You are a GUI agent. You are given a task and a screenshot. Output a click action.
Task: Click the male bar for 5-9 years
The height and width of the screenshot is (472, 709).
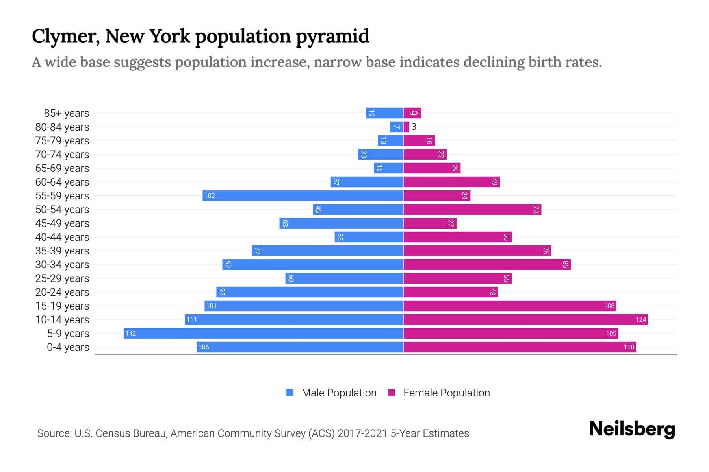click(x=263, y=333)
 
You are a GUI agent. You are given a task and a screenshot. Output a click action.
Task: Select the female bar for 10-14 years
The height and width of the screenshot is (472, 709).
click(x=525, y=319)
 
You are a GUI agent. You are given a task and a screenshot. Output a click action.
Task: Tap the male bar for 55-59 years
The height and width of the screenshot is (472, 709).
click(x=303, y=195)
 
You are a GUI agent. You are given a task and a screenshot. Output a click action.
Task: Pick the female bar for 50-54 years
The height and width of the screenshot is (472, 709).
click(x=472, y=209)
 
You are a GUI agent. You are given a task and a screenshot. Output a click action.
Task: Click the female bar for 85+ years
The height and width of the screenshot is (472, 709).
click(x=412, y=113)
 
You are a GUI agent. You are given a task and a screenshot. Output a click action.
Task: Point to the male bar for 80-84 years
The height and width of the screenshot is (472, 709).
click(x=396, y=127)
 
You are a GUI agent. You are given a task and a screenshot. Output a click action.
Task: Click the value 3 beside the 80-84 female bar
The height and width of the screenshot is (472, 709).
click(x=414, y=127)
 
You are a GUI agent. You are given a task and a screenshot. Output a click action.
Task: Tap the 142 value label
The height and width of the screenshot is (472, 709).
click(x=130, y=334)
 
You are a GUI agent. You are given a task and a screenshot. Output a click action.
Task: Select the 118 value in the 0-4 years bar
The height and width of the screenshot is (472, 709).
click(x=629, y=347)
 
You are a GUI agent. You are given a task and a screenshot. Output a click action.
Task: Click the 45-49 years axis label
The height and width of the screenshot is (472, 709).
click(x=62, y=223)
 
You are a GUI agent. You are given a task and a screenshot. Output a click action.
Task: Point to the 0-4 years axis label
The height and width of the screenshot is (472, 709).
click(x=68, y=347)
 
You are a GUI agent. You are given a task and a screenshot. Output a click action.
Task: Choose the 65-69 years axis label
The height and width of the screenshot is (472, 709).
click(x=62, y=168)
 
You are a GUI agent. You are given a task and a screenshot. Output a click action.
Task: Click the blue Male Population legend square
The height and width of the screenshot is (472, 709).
click(x=290, y=393)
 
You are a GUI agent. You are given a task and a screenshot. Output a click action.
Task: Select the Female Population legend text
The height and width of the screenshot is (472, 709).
click(x=446, y=393)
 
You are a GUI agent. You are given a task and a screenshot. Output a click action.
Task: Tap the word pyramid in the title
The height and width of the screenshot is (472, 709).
click(x=332, y=36)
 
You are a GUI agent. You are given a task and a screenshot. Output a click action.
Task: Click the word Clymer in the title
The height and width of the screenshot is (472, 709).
click(x=65, y=36)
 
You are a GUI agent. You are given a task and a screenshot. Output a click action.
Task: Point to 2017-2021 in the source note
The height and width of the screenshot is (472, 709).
click(x=362, y=433)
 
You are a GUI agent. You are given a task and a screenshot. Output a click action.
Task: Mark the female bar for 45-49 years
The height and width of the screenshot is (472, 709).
click(x=430, y=223)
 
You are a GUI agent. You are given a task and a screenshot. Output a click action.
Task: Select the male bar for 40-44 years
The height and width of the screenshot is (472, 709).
click(x=369, y=237)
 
